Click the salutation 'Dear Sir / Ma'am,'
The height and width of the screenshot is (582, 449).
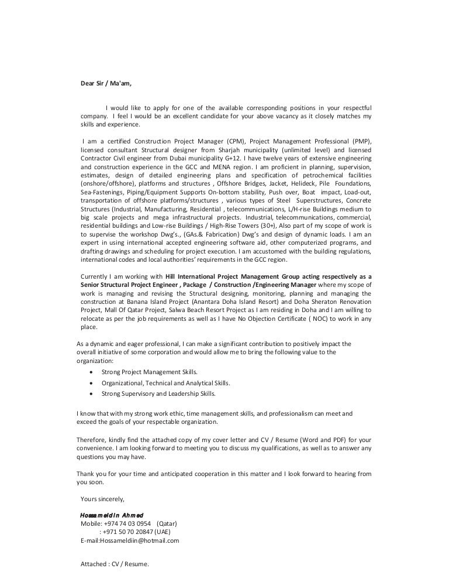coord(106,83)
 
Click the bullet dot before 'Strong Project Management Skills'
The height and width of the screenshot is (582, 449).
coord(91,372)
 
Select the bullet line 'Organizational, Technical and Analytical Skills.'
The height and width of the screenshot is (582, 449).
coord(165,383)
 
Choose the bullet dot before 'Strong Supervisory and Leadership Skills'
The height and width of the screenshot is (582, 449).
coord(91,394)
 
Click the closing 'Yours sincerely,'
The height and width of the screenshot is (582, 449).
coord(102,499)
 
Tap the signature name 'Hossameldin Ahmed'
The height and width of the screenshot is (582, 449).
coord(111,515)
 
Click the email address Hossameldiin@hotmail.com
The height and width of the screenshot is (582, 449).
coord(139,541)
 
